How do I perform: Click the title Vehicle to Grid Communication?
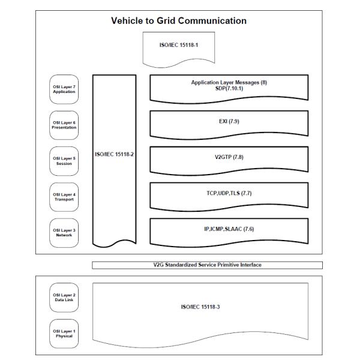pos(179,21)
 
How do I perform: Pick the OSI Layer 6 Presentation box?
pos(64,125)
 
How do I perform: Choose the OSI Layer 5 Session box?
pos(64,161)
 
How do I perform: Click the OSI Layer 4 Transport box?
pos(64,196)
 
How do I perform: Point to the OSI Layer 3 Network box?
pos(64,232)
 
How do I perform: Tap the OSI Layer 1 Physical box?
pos(64,334)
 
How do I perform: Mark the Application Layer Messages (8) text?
pos(229,82)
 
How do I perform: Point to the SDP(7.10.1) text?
pos(229,88)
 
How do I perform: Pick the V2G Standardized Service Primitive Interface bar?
pos(207,265)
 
